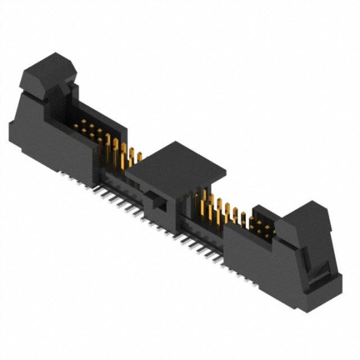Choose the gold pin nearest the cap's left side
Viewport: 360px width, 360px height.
tap(132, 158)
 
